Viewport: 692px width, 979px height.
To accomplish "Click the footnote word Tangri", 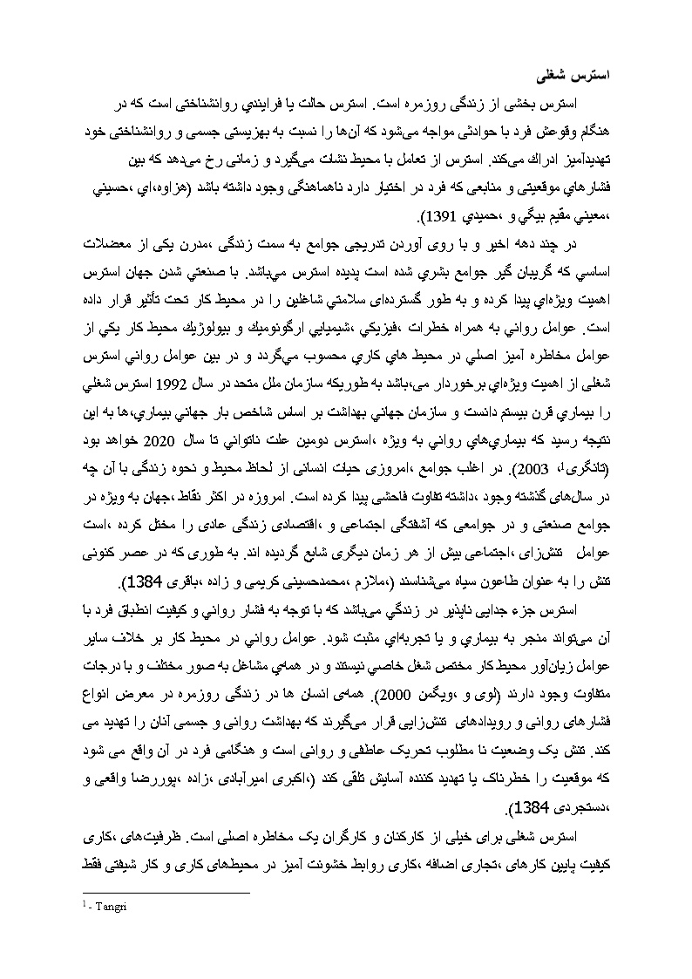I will (109, 907).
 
